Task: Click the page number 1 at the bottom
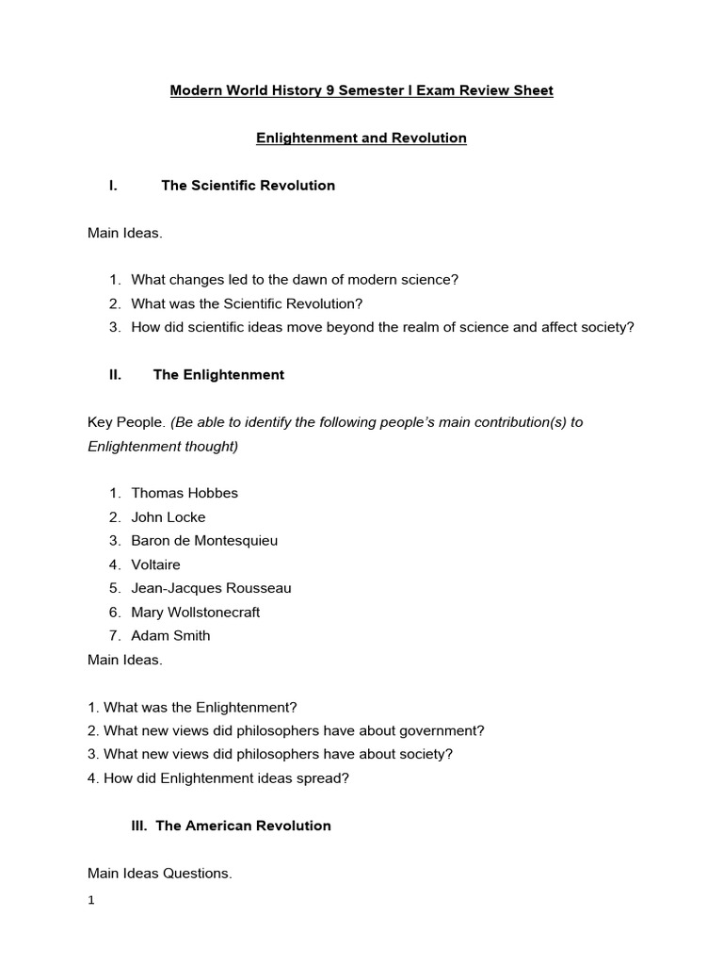(91, 900)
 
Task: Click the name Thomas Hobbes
(185, 493)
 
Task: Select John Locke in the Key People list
(168, 516)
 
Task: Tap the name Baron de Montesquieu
(204, 541)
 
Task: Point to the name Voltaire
(155, 564)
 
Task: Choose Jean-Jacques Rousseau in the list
(211, 588)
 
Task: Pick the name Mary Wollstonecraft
(195, 612)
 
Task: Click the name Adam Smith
(170, 635)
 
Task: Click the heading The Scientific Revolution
(248, 186)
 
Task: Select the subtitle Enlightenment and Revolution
(361, 139)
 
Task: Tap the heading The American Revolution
(243, 826)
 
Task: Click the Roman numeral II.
(116, 375)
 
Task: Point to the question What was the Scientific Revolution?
(247, 303)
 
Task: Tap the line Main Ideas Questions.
(159, 874)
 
